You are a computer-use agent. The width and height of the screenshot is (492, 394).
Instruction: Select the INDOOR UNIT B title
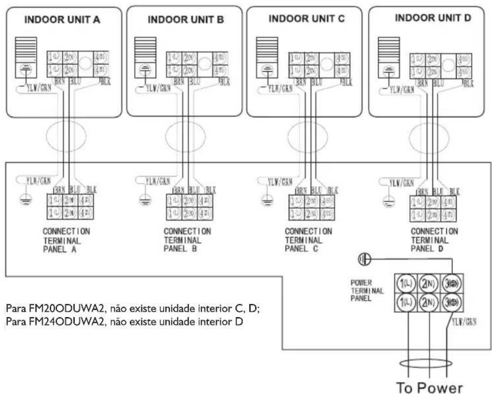click(185, 20)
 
